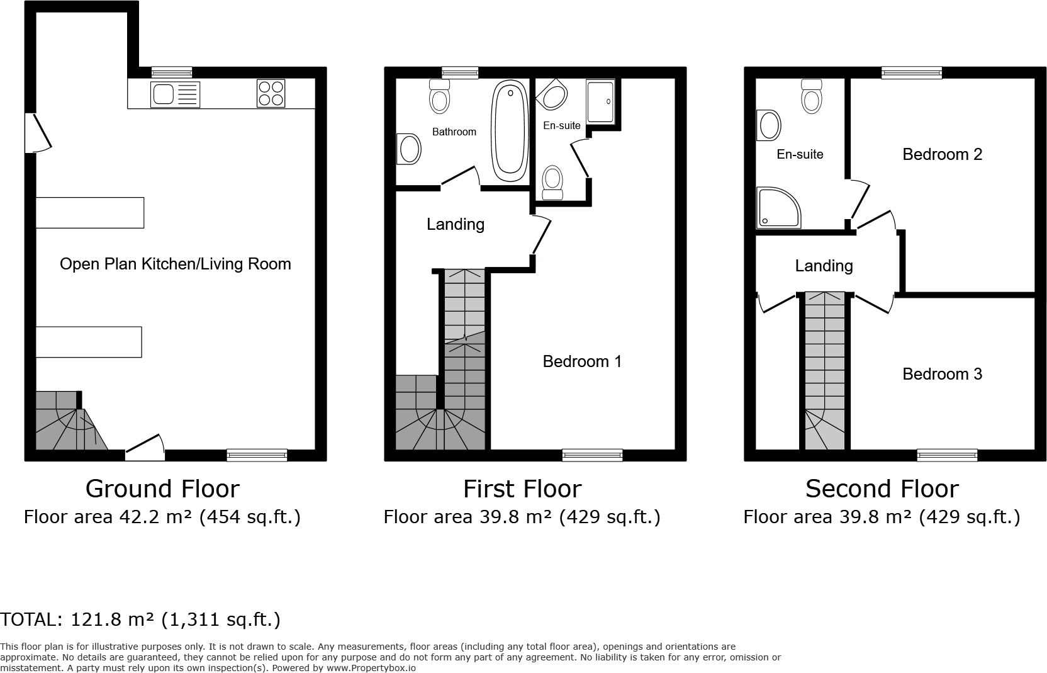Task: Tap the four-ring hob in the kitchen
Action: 271,93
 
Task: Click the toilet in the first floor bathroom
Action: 439,97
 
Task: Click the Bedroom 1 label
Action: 582,361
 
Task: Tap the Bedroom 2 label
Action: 942,154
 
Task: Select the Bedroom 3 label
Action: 942,374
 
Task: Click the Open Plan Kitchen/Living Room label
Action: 175,264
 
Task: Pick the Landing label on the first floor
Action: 456,224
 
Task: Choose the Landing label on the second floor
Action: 824,266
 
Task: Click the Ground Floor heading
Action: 162,489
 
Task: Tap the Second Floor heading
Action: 882,489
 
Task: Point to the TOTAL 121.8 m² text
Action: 140,619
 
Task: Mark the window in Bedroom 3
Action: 947,455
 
